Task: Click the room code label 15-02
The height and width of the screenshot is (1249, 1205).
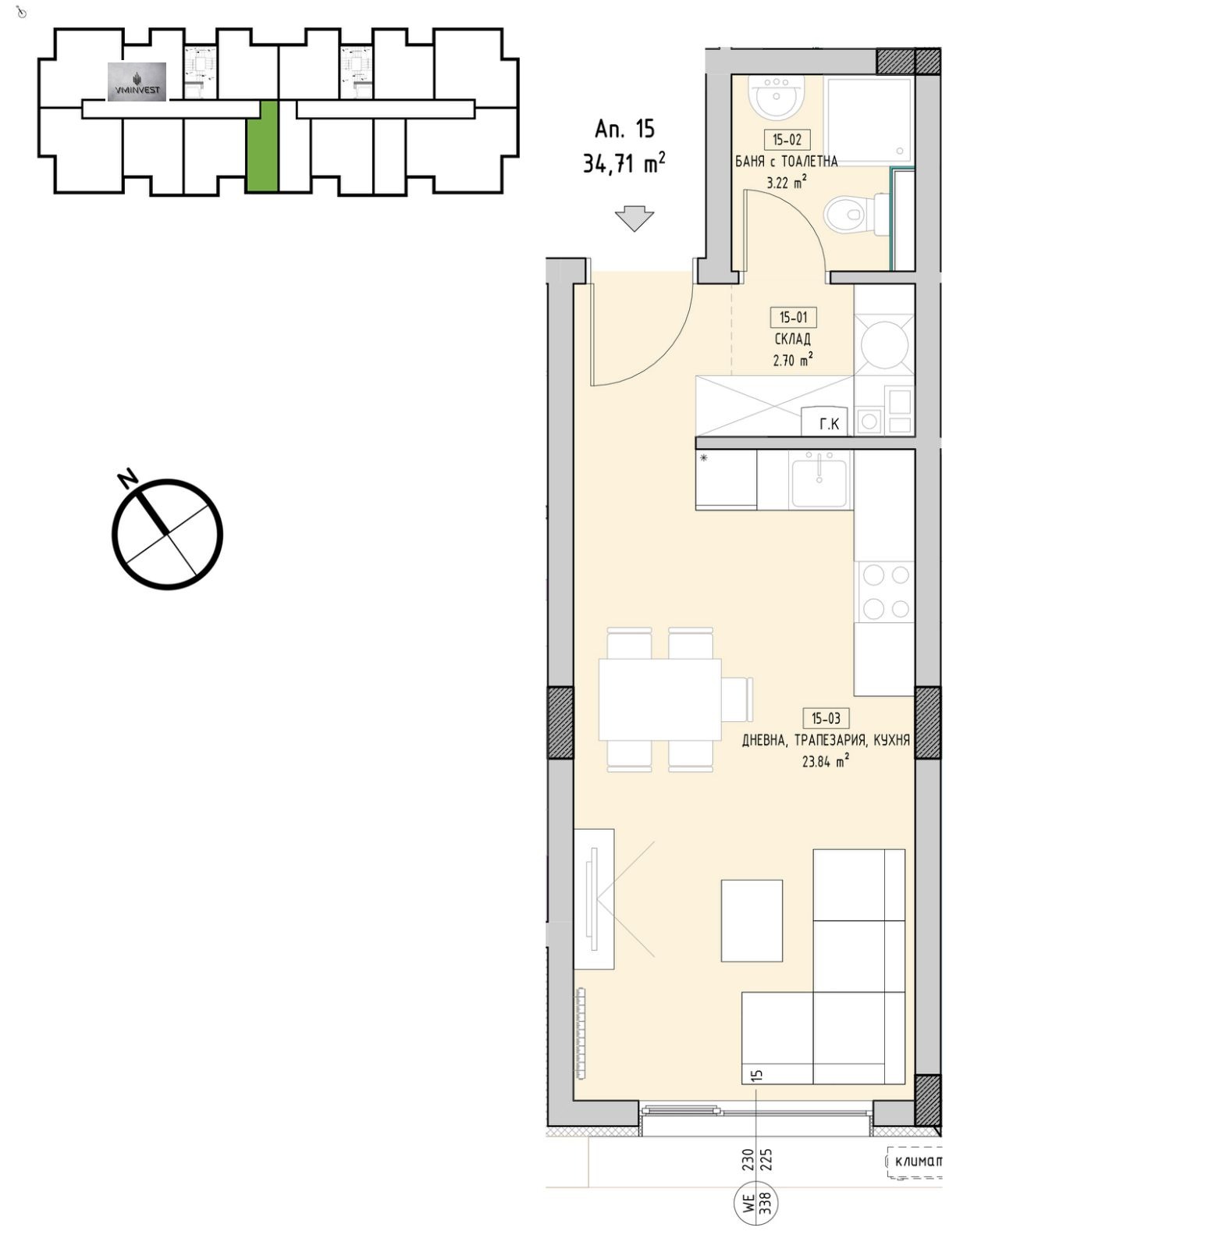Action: (x=787, y=140)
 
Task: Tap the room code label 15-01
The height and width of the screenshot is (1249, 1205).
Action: (x=793, y=317)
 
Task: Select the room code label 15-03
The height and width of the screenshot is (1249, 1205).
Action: (x=826, y=718)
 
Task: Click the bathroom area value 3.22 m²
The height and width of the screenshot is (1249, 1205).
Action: (x=787, y=183)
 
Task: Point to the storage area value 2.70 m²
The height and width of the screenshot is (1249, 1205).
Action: (x=793, y=360)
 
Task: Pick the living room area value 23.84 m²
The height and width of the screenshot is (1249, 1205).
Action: (x=826, y=761)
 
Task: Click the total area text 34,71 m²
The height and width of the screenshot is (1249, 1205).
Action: (x=624, y=162)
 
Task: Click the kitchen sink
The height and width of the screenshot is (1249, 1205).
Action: (x=819, y=482)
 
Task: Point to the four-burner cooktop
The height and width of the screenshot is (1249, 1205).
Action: (x=885, y=592)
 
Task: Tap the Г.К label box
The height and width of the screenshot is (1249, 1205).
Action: (x=829, y=422)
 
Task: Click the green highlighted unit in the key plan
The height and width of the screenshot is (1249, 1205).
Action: (x=262, y=146)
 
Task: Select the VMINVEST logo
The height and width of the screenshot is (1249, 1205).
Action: (x=137, y=82)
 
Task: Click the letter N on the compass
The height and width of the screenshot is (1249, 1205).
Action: (x=126, y=479)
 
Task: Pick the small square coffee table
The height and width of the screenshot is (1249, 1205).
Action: (x=752, y=920)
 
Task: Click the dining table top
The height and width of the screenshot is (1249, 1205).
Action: (x=660, y=699)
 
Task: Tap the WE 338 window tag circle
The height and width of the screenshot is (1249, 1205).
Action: (x=755, y=1205)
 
